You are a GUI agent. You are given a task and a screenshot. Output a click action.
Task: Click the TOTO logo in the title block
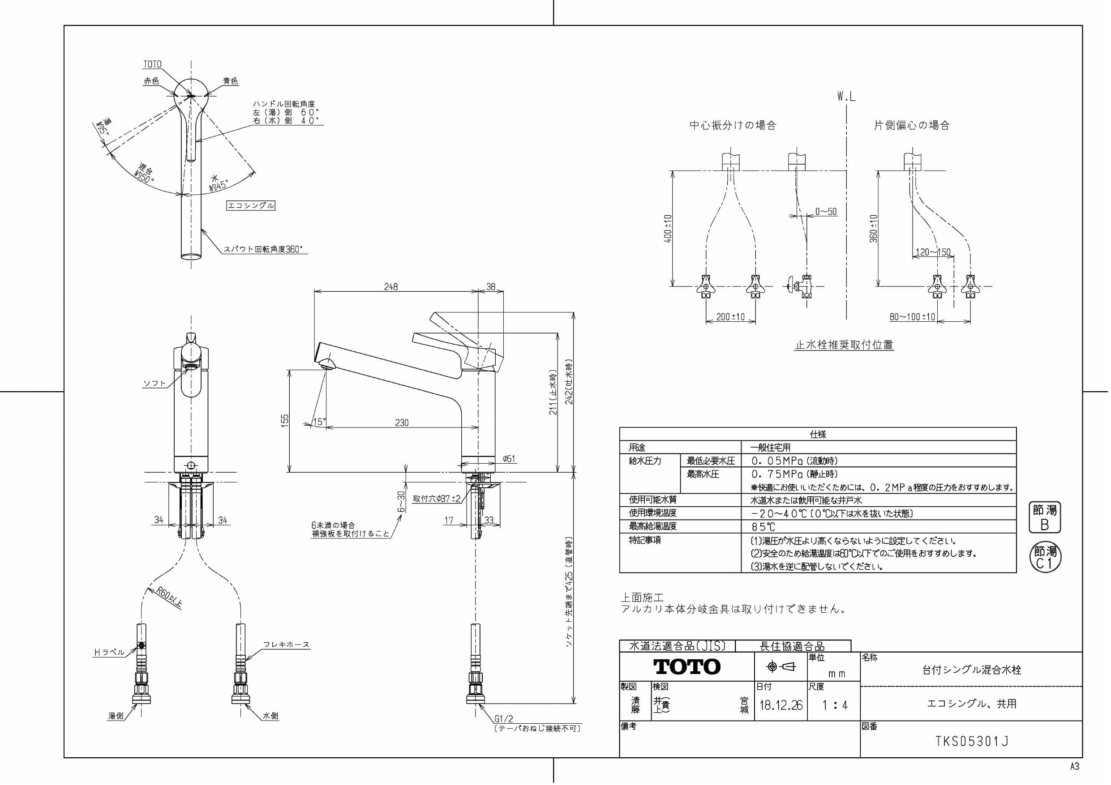(x=686, y=666)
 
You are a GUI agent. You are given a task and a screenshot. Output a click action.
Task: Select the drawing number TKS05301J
(x=972, y=742)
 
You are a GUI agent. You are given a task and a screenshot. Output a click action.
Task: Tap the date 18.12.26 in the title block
(x=781, y=705)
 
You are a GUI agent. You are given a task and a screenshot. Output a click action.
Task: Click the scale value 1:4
(x=835, y=705)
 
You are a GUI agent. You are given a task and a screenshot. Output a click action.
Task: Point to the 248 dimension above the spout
(x=390, y=286)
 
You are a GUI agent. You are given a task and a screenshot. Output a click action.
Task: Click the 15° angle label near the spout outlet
(x=319, y=422)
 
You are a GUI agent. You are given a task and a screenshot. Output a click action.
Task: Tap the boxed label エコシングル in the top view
(x=251, y=205)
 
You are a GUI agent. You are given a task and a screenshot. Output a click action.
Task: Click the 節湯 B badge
(x=1044, y=517)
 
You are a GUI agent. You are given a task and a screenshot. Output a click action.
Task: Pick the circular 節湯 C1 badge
(x=1045, y=557)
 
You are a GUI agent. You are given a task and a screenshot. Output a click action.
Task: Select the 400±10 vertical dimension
(x=668, y=228)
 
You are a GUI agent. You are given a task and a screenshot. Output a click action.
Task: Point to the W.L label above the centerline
(x=846, y=97)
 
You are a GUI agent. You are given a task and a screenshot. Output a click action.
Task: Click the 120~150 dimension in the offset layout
(x=933, y=252)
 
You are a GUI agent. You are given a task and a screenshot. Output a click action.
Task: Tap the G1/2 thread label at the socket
(x=504, y=719)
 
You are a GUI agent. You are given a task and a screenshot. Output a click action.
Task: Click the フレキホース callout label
(x=286, y=645)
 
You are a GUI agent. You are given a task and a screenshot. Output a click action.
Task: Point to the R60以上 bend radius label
(x=169, y=597)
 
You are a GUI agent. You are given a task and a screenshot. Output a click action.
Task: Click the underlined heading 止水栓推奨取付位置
(x=844, y=345)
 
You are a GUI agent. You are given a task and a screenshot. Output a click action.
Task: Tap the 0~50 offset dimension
(x=825, y=211)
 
